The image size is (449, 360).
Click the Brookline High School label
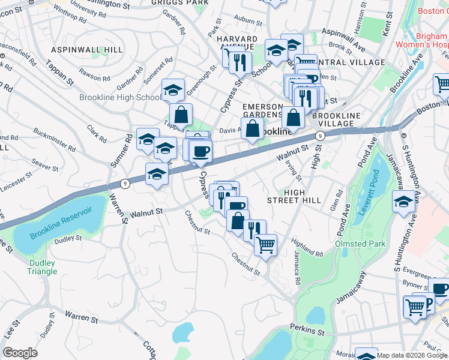120,97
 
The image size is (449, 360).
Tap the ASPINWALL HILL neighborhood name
87,49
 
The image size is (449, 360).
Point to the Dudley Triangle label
42,267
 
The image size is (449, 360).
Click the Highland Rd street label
307,246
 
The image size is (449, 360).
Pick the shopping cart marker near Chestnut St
265,244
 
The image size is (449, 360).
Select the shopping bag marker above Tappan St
181,114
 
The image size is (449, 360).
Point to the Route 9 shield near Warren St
124,184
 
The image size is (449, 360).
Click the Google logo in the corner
20,353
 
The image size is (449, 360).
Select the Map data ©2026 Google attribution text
412,355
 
